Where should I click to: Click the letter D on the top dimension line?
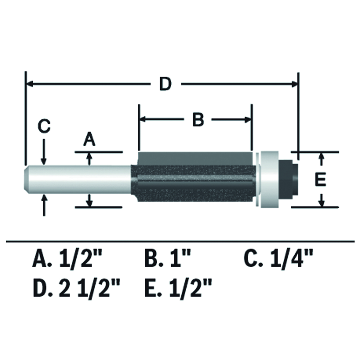click(166, 84)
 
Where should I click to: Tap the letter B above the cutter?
click(198, 120)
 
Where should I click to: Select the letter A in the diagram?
click(89, 140)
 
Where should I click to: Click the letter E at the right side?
click(321, 180)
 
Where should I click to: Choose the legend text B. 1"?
click(168, 258)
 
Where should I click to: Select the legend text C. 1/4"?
click(278, 258)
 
